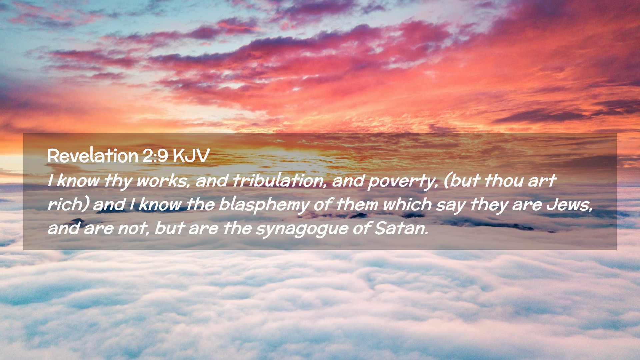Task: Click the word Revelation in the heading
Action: pos(93,155)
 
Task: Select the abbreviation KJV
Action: pos(191,156)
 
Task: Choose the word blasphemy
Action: pos(264,205)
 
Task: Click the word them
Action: pos(356,204)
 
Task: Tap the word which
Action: pos(407,204)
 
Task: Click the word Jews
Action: pos(569,204)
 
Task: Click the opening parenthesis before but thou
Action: pos(447,181)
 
